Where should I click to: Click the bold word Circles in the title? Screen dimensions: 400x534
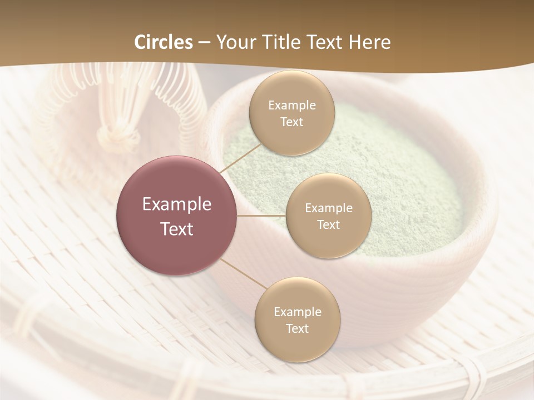[x=164, y=42]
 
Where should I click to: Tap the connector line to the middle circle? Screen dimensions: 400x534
[x=261, y=216]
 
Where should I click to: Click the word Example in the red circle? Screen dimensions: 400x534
[x=176, y=204]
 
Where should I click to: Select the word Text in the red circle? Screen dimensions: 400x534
[x=176, y=229]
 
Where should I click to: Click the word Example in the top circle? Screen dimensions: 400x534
[x=291, y=105]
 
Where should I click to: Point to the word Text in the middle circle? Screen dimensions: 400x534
[x=328, y=224]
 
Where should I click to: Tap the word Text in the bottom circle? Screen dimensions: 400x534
[x=297, y=328]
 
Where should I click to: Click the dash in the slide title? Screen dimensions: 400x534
[x=205, y=43]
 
